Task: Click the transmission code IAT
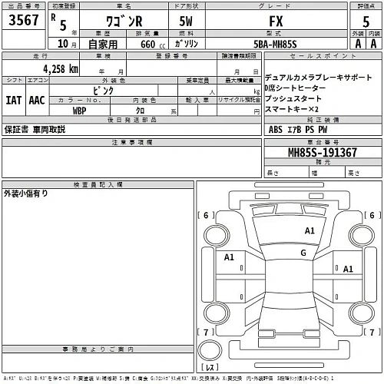pos(14,99)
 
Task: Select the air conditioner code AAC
pos(37,99)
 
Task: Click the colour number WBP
pos(79,110)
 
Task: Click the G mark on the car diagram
pos(304,252)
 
